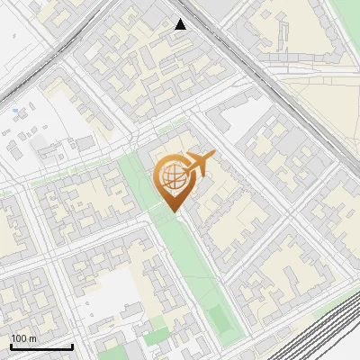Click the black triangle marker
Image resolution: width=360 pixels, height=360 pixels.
point(181,24)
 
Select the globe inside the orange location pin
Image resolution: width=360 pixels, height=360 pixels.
point(172,177)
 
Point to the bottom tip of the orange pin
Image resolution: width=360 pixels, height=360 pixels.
point(175,212)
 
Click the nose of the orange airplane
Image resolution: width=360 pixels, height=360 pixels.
point(214,157)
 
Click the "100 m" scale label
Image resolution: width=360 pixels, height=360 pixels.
point(24,338)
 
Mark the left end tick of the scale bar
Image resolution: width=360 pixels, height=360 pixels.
point(11,346)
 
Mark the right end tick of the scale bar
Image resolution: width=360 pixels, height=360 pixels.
point(72,346)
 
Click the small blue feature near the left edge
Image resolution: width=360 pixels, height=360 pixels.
point(15,112)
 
